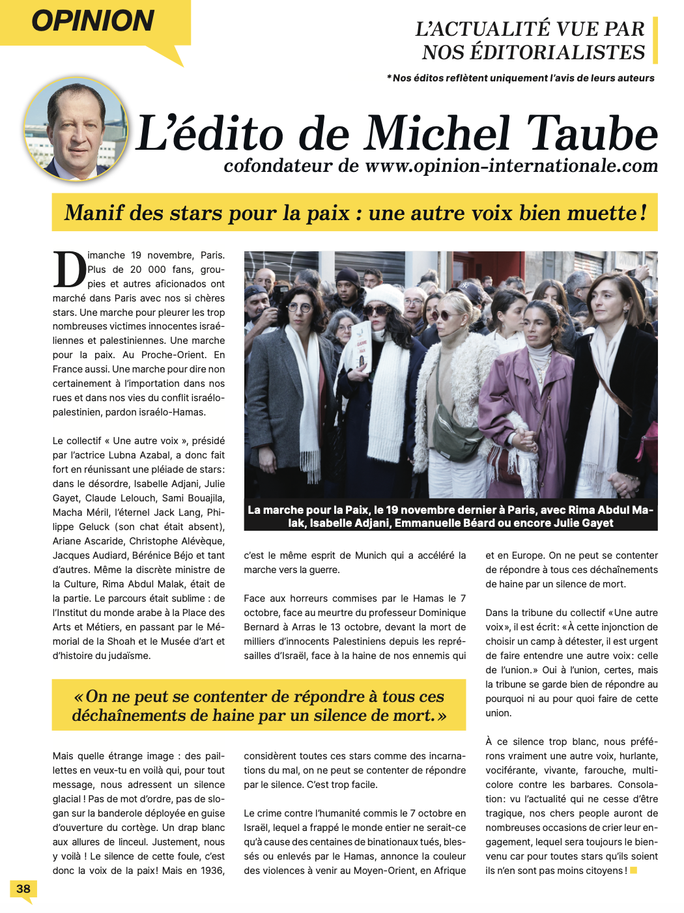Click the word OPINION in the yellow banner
93,21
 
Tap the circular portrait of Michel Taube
76,129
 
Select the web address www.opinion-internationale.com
511,166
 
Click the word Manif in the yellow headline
93,213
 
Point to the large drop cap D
68,270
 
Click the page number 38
23,889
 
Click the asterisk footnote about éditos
520,78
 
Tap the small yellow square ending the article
633,870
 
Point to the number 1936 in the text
212,871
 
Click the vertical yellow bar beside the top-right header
655,40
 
